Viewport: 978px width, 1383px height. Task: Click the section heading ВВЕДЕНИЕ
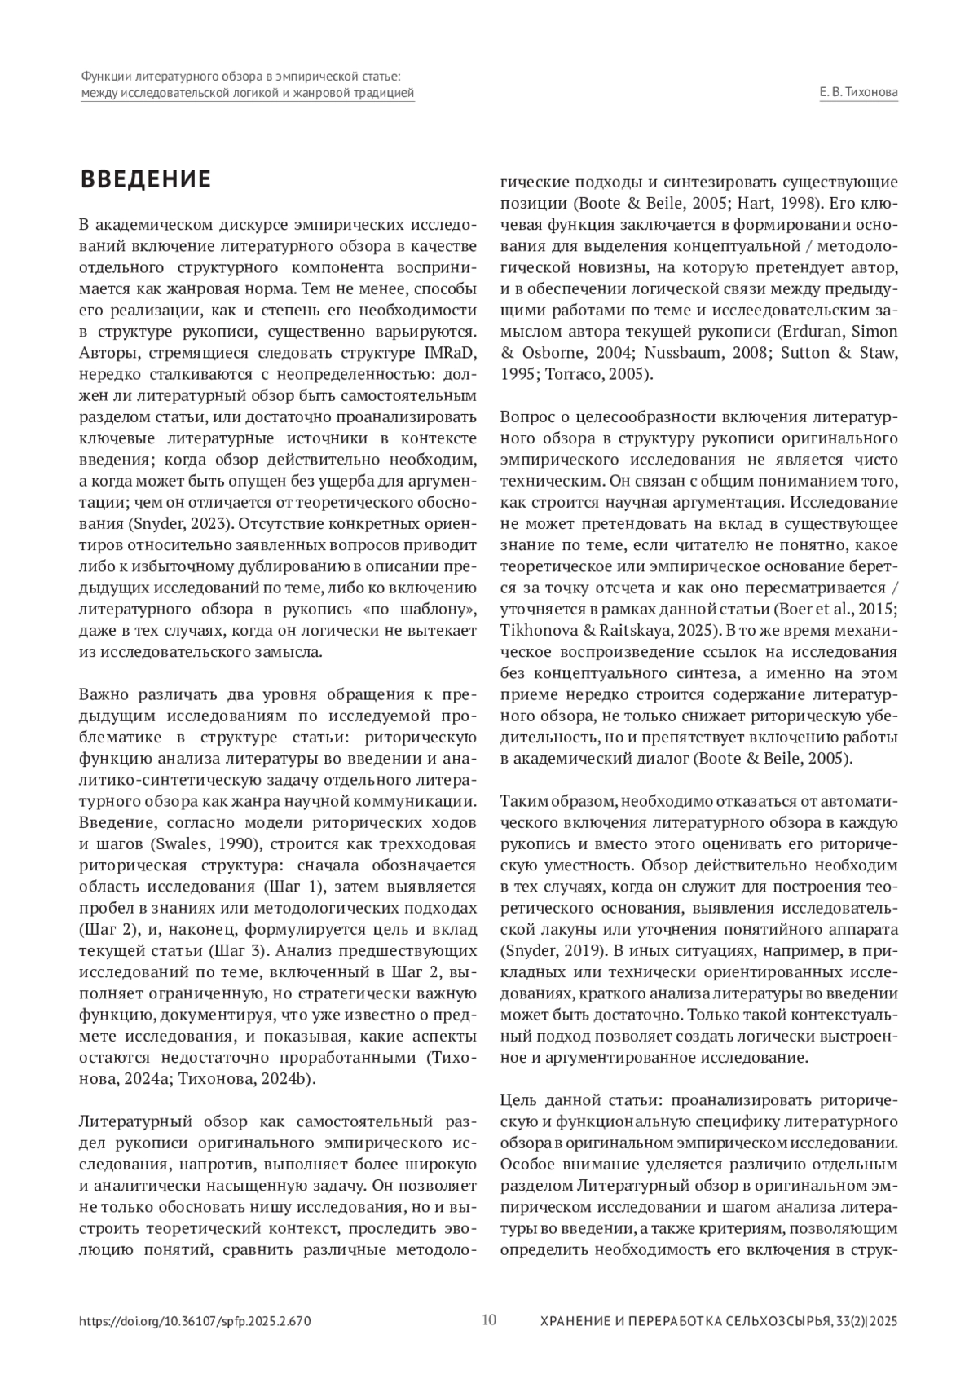click(145, 179)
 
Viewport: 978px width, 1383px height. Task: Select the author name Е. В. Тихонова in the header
click(858, 93)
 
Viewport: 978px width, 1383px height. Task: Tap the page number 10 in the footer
click(489, 1319)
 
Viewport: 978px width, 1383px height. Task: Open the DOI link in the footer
click(195, 1321)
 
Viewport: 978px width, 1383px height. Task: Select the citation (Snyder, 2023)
click(170, 522)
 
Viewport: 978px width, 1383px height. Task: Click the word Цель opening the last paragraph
click(518, 1099)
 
